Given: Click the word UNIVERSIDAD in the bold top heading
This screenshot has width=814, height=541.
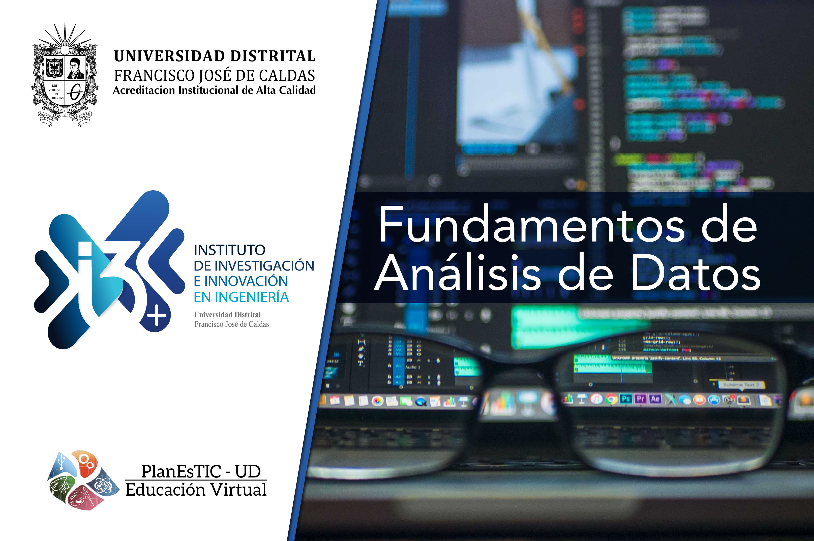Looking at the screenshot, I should click(x=169, y=56).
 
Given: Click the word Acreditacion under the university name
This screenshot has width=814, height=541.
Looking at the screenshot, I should click(x=144, y=91).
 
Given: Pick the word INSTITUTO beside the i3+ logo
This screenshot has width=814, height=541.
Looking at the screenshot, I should click(x=229, y=250).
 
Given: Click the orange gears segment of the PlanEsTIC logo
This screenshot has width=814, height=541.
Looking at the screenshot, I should click(x=86, y=463).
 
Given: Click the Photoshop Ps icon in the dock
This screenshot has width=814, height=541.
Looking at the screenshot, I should click(x=626, y=399).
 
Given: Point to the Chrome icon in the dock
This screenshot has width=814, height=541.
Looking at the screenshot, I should click(x=611, y=400).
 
